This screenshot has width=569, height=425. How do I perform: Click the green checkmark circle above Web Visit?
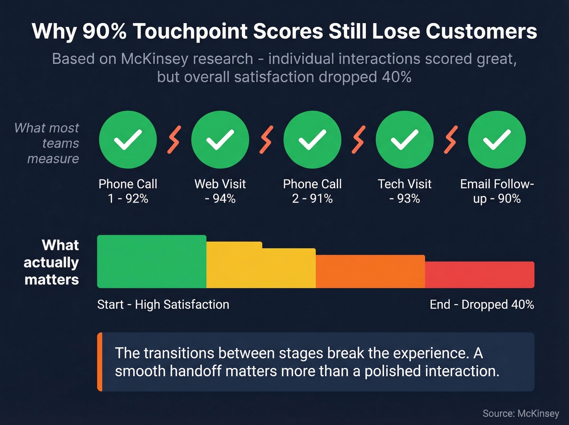(220, 139)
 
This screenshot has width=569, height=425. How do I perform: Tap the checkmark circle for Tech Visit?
(404, 139)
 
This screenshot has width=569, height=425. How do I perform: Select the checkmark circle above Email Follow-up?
(497, 139)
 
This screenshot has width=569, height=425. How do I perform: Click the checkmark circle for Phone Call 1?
(128, 139)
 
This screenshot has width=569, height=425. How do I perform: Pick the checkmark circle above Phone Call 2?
(312, 139)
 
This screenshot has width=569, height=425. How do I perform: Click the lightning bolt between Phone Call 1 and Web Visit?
(174, 139)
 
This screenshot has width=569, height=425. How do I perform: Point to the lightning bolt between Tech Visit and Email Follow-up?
(451, 139)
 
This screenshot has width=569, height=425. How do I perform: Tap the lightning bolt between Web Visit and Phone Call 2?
(266, 139)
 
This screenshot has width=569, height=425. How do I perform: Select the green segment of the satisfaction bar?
(152, 262)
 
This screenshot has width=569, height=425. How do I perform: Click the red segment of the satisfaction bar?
(480, 275)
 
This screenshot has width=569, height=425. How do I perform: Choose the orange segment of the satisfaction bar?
(370, 271)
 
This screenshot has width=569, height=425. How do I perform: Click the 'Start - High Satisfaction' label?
(163, 305)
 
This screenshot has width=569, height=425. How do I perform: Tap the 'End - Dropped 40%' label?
(482, 305)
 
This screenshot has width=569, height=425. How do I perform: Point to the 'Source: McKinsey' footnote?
(521, 414)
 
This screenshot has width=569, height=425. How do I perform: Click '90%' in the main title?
(104, 31)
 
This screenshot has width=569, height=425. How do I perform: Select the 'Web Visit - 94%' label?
(220, 191)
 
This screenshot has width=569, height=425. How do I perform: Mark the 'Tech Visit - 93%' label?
(404, 191)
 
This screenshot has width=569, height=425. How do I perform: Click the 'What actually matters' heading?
(51, 262)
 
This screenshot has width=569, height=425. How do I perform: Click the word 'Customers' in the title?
(481, 31)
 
